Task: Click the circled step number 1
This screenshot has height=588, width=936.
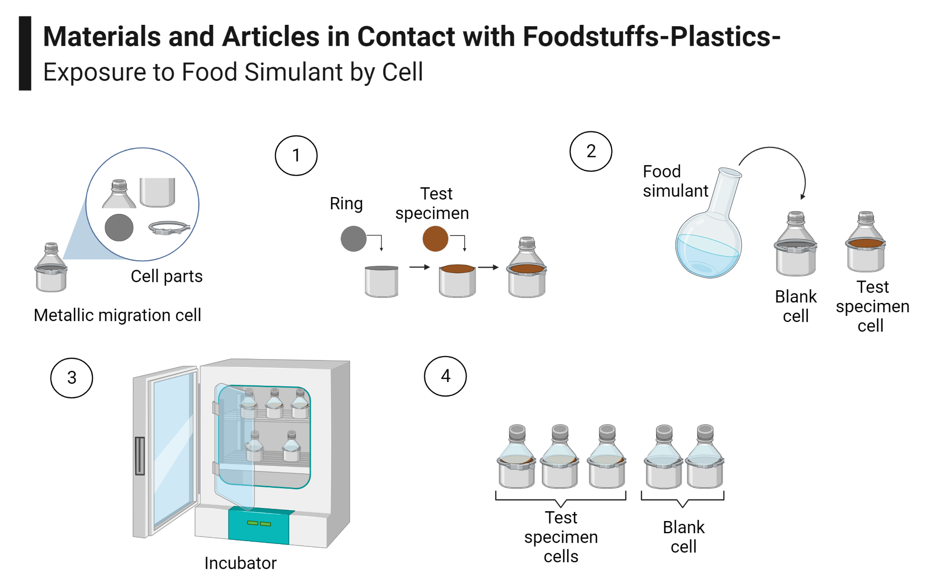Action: [296, 155]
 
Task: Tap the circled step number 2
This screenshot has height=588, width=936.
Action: [591, 151]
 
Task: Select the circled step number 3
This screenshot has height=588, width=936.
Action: [72, 378]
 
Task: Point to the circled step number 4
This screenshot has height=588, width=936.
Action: [445, 376]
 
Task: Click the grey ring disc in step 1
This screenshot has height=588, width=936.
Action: [353, 239]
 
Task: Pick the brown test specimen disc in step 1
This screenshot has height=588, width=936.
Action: [435, 239]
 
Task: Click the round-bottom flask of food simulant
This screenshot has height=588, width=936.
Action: [708, 243]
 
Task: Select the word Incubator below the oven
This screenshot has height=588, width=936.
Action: [240, 563]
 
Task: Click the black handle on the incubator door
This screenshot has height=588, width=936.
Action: [139, 456]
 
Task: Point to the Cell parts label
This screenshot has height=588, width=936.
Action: [167, 276]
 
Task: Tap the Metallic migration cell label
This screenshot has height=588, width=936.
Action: [117, 315]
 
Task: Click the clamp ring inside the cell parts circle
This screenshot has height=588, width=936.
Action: [169, 228]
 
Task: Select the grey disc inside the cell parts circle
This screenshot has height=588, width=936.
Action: [119, 228]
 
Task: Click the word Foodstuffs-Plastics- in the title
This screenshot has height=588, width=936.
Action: [651, 37]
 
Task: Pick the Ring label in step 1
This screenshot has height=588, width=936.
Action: [346, 204]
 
